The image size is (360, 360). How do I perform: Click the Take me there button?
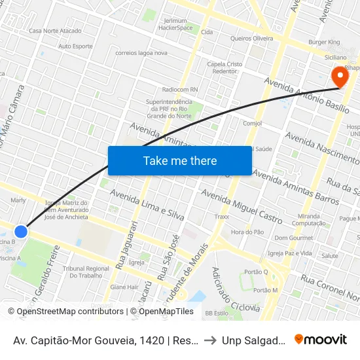(180, 160)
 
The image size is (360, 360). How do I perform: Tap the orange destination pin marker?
(340, 77)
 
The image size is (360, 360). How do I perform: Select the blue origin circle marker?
(21, 231)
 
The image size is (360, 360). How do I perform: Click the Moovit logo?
(321, 340)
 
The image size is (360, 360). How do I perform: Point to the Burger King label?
(325, 42)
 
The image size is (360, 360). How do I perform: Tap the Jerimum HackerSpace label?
(175, 24)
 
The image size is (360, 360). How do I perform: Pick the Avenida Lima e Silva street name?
(147, 205)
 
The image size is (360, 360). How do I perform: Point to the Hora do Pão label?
(247, 232)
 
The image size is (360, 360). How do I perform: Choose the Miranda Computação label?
(308, 219)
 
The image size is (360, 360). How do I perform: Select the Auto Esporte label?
(75, 46)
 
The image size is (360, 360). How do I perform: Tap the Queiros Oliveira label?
(252, 39)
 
